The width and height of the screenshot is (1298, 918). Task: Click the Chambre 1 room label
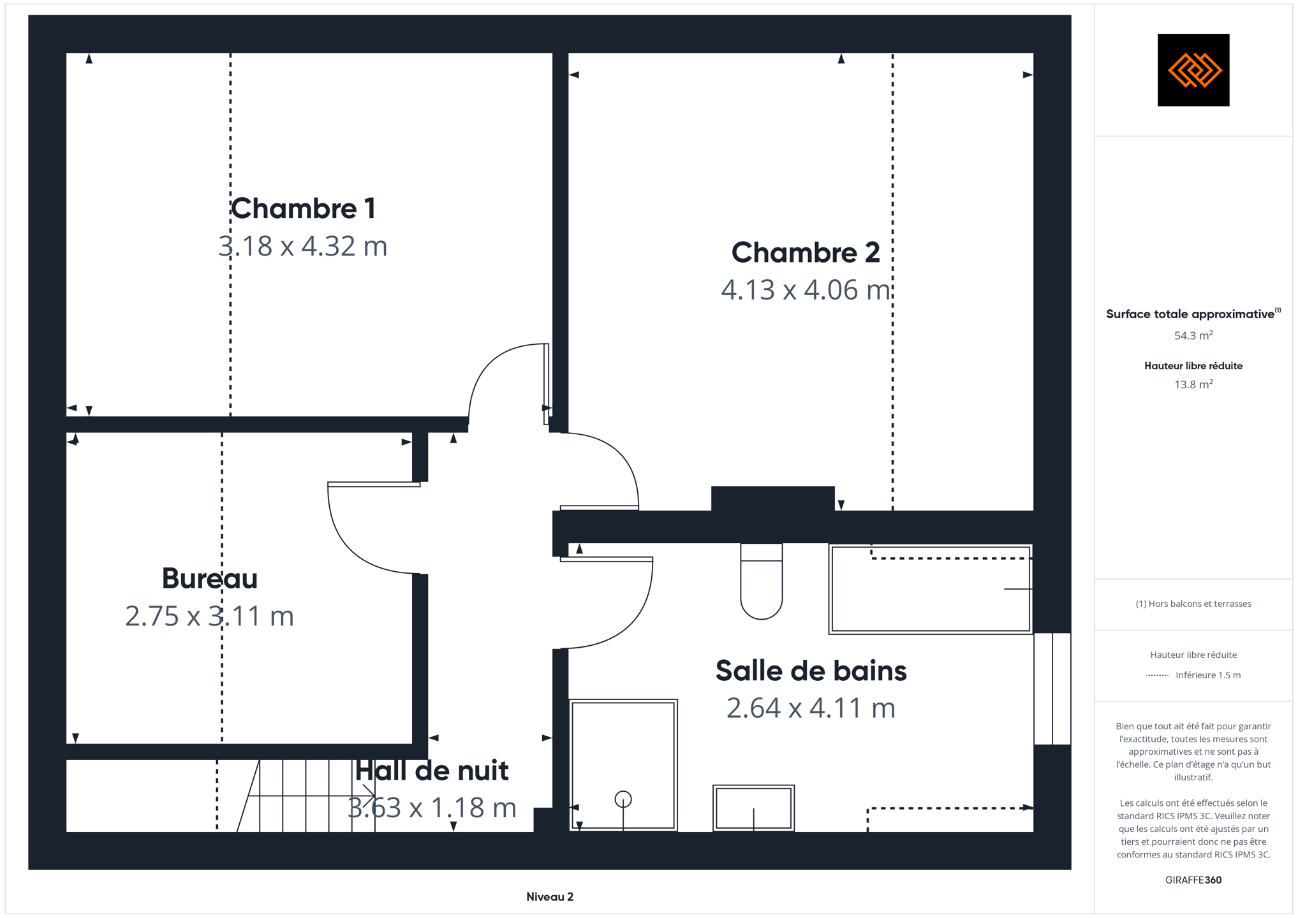303,208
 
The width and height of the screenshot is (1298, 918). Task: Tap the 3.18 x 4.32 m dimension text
303,246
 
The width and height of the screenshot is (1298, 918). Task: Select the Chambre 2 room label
806,252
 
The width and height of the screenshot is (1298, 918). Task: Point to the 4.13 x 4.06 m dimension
806,290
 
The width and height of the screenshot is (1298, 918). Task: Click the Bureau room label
210,578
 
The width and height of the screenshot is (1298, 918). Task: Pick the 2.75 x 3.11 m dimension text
210,616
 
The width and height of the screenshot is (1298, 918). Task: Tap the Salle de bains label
811,671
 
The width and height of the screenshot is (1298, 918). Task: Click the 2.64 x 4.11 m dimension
811,708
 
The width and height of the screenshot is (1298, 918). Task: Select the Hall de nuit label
432,771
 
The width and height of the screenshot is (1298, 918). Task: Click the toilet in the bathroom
762,581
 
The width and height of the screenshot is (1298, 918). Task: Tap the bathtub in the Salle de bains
931,589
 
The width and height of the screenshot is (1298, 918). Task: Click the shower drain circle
623,799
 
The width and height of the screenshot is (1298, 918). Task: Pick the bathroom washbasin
753,808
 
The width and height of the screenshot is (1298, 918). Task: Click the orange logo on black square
1193,70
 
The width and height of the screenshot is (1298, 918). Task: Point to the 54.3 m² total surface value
1193,335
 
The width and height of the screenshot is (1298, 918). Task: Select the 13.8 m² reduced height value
1193,384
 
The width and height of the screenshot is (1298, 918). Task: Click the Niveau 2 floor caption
550,897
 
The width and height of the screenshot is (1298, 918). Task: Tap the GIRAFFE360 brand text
1193,880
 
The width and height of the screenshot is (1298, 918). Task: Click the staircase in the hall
306,796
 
